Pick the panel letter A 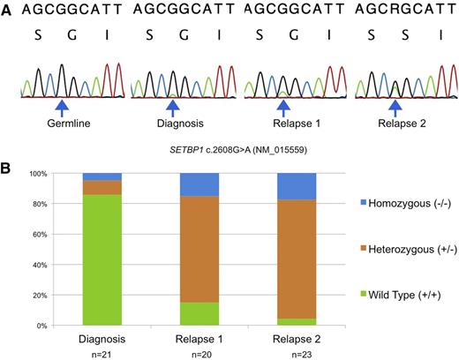tap(6, 11)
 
